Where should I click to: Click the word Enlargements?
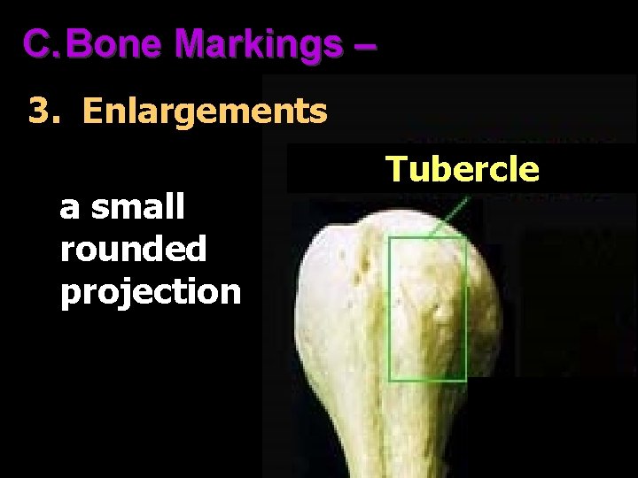click(x=205, y=112)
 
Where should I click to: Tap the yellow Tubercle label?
click(x=462, y=168)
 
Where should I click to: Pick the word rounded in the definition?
click(x=133, y=249)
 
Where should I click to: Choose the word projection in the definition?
click(x=151, y=291)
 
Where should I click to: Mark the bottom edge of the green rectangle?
click(x=427, y=381)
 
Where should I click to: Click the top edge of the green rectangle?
click(x=427, y=237)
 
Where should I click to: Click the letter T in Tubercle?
click(x=395, y=168)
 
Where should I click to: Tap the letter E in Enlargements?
click(x=91, y=112)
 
